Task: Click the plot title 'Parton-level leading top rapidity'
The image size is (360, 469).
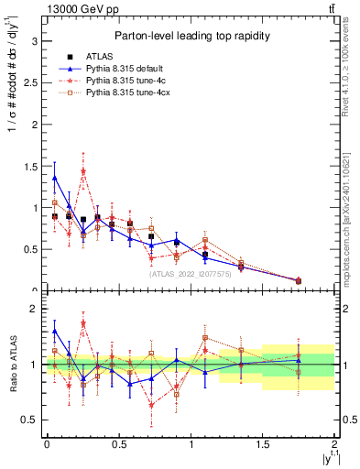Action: coord(189,36)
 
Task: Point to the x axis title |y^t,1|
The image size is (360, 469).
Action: coord(325,455)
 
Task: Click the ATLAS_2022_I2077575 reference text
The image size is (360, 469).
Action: coord(191,273)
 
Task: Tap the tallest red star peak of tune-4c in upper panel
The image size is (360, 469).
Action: coord(83,171)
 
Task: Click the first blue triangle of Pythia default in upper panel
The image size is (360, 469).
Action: coord(55,178)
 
